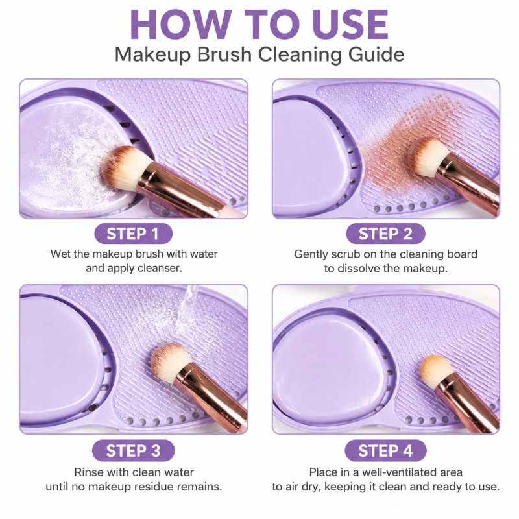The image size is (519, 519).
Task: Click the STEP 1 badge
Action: pyautogui.click(x=134, y=234)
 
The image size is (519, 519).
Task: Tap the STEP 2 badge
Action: pyautogui.click(x=385, y=234)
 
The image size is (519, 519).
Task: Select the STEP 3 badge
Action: pyautogui.click(x=134, y=450)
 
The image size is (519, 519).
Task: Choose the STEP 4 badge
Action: pyautogui.click(x=385, y=450)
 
